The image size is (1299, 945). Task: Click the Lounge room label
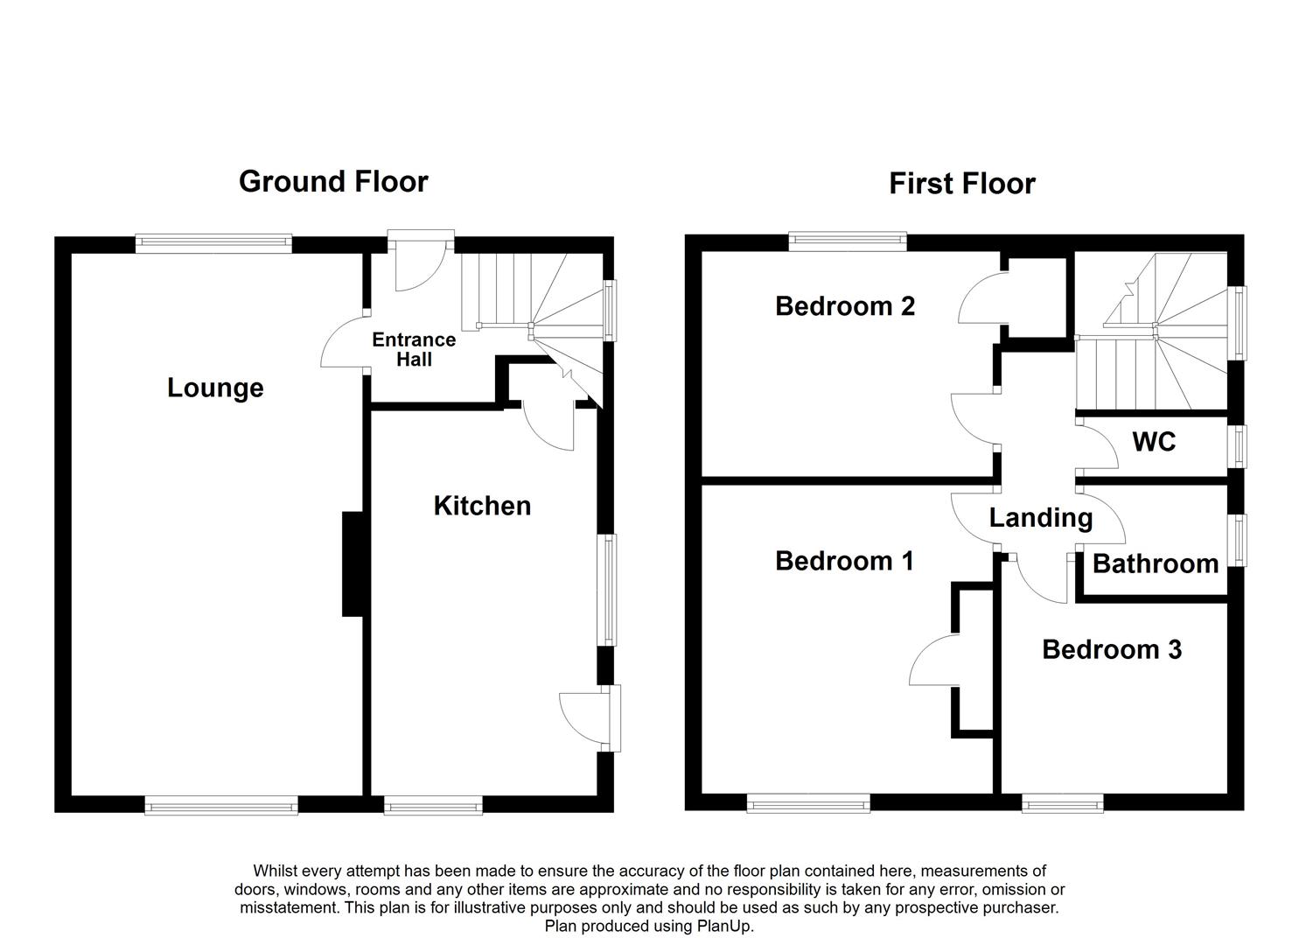[215, 388]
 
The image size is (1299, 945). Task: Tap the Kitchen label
[483, 506]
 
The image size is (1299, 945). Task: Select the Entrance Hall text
[414, 349]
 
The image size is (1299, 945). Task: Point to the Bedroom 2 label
[845, 305]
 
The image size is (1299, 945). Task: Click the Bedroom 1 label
[844, 561]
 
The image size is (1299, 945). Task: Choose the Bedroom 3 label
[1112, 649]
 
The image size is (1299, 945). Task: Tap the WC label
[1154, 442]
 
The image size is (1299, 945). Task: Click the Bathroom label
[1156, 563]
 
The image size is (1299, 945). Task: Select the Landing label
[1041, 518]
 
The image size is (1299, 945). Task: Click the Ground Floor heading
[333, 182]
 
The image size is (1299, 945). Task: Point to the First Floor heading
[962, 184]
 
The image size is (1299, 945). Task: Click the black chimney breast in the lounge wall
[353, 563]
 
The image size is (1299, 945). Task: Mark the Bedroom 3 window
[1063, 804]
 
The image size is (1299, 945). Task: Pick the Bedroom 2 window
[848, 241]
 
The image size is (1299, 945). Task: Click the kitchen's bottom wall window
[433, 805]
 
